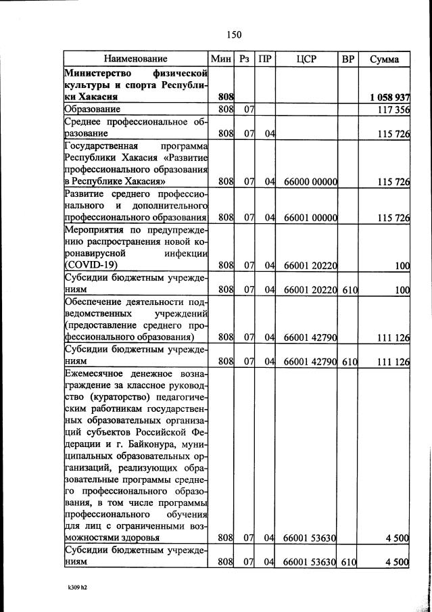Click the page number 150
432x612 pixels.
[234, 34]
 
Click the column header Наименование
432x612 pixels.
[135, 59]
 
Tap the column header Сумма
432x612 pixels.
[384, 59]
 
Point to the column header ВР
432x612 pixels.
[348, 59]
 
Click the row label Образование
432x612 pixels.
[93, 109]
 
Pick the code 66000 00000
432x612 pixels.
[310, 182]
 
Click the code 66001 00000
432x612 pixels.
[310, 218]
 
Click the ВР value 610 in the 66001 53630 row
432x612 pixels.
[349, 561]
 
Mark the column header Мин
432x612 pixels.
[221, 59]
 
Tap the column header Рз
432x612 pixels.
[245, 59]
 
